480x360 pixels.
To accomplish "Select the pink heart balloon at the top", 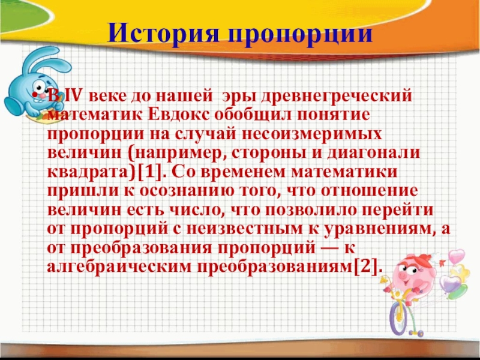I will (457, 256).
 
